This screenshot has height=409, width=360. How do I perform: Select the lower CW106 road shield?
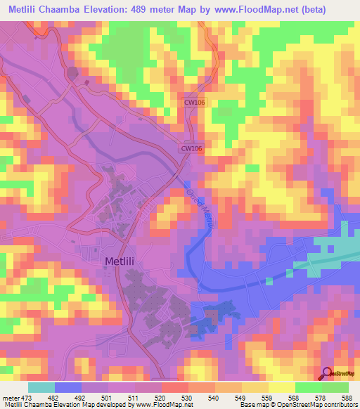[x=191, y=148]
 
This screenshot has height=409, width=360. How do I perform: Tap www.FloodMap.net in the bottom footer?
[x=169, y=405]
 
